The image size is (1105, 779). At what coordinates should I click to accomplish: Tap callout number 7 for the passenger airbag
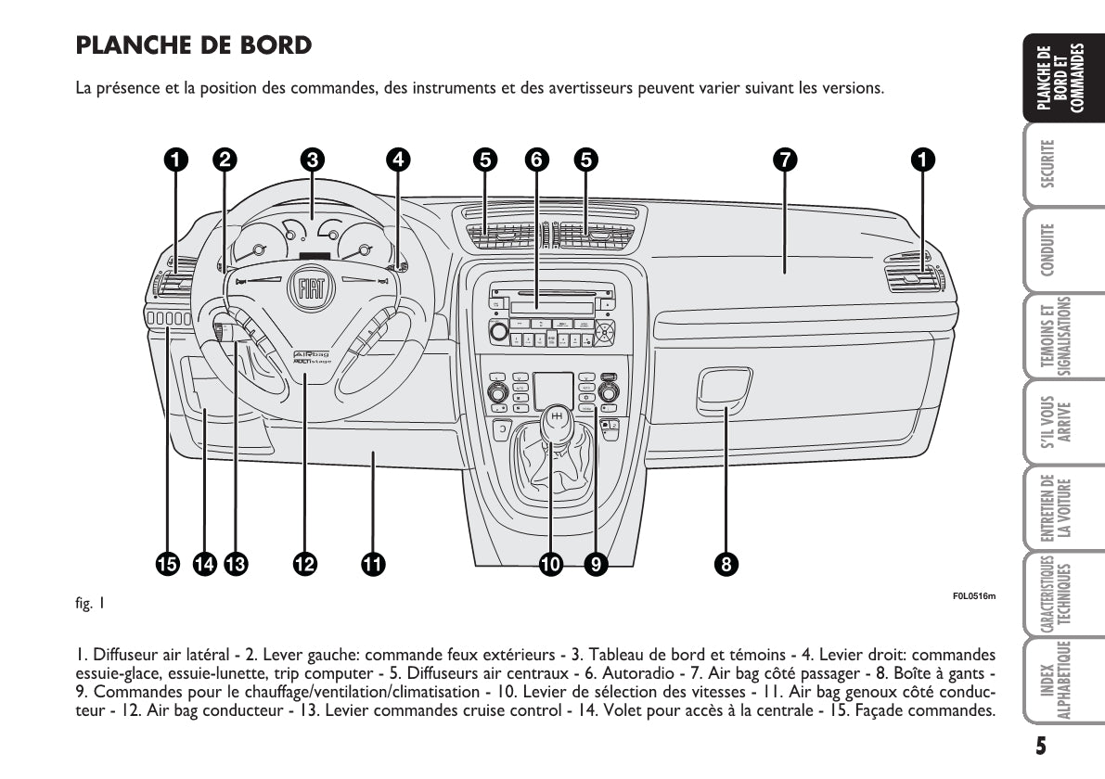[785, 160]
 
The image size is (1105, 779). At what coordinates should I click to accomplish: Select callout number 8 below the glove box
[726, 563]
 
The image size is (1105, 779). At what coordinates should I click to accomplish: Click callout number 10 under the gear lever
[550, 563]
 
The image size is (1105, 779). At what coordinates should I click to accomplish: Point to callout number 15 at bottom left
[168, 563]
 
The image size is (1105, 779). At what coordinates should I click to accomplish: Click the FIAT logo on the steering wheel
[310, 290]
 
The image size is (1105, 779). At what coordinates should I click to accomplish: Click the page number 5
[1042, 745]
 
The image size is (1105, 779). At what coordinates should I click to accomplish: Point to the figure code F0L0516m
[973, 595]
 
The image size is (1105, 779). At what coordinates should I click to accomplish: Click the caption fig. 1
[89, 605]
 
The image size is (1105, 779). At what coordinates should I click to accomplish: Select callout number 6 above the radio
[535, 160]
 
